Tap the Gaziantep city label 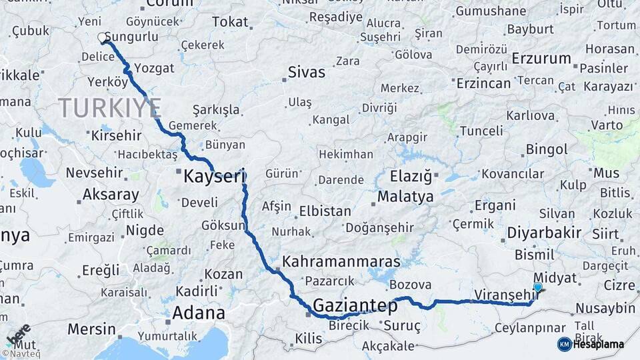pos(355,306)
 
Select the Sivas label pos(306,72)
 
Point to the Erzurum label pos(541,59)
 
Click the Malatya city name pos(405,197)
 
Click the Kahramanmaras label pos(341,261)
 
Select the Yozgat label pos(154,68)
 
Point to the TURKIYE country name pos(109,107)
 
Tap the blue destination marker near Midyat pos(537,288)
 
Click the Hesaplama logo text pos(598,344)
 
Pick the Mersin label pos(91,329)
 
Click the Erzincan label pos(483,83)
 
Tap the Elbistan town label pos(325,211)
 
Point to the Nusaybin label pos(605,309)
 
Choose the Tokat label pos(230,22)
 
